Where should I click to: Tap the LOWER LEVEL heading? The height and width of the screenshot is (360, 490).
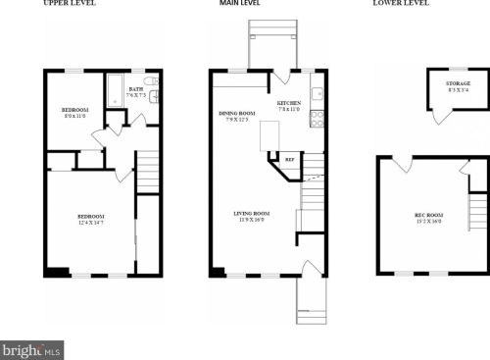[401, 4]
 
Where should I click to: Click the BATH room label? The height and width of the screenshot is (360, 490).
[135, 89]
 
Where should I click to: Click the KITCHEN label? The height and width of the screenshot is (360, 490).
[290, 102]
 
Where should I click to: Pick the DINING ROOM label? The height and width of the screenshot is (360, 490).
[236, 113]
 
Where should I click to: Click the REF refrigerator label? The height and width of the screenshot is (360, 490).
[289, 158]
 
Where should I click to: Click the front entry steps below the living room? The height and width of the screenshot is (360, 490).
[311, 298]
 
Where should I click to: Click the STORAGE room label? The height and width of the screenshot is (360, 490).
[458, 84]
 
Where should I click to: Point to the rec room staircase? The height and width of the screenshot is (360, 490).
[477, 207]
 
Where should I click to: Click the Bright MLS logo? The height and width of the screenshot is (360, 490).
[31, 349]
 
